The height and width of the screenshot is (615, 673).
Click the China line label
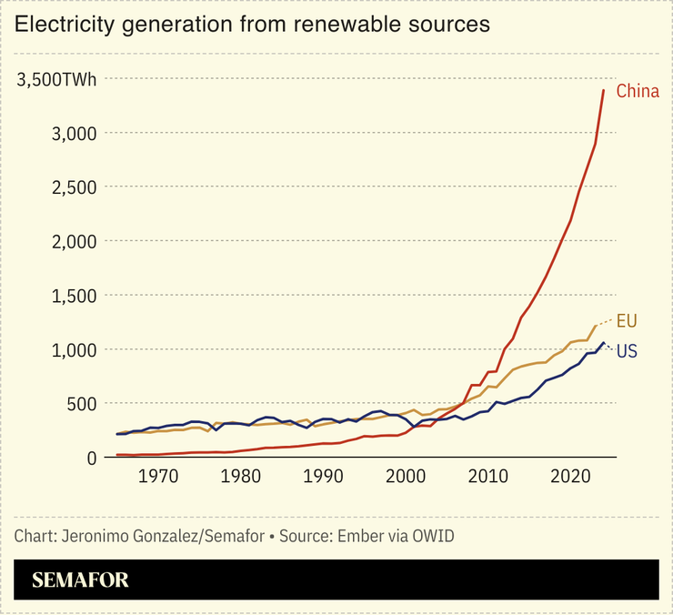[x=637, y=91]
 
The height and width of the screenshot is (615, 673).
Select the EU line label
[x=627, y=320]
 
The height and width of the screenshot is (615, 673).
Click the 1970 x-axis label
[x=158, y=476]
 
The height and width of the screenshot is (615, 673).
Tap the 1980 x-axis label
[x=241, y=476]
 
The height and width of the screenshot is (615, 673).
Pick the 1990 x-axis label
[x=324, y=476]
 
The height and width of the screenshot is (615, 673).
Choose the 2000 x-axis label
[x=407, y=476]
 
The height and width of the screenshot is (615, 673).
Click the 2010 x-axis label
[x=489, y=476]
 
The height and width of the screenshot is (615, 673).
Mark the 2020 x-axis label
[x=572, y=476]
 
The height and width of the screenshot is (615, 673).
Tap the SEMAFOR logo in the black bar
[x=81, y=580]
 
